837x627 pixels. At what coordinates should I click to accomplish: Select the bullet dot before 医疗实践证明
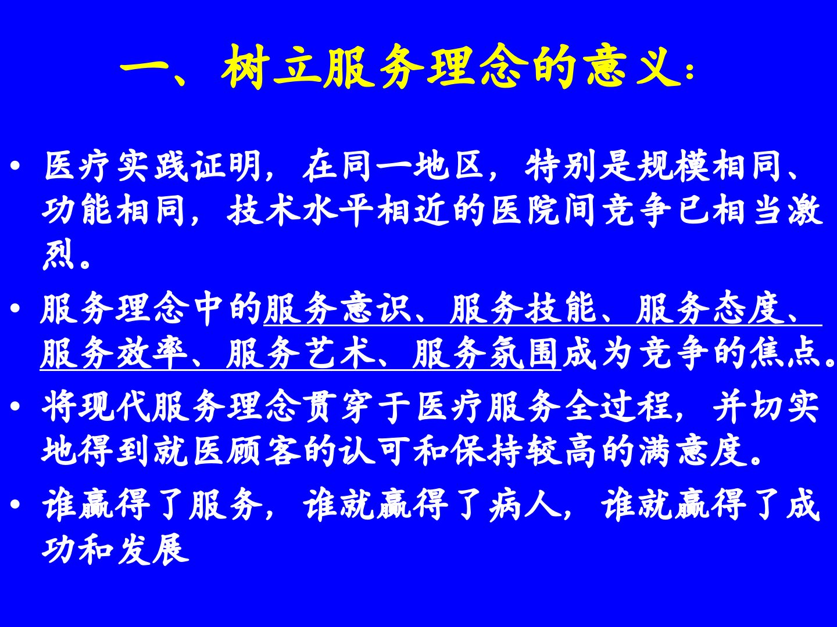click(x=16, y=166)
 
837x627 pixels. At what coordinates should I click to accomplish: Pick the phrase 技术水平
click(x=299, y=210)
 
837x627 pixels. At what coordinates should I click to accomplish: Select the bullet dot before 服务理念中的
click(x=16, y=308)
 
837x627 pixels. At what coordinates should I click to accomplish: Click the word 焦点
click(x=785, y=353)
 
